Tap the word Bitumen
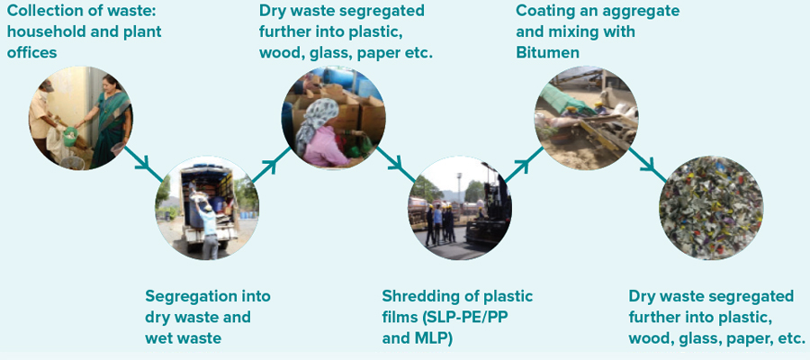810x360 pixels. tap(547, 53)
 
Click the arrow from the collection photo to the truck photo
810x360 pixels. tap(144, 164)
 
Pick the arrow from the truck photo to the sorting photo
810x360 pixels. tap(271, 164)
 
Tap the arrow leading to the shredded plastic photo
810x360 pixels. tap(648, 165)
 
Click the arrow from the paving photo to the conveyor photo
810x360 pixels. tap(523, 164)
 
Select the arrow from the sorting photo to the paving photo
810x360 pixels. tap(396, 164)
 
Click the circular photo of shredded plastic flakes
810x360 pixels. tap(711, 207)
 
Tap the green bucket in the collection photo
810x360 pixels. tap(70, 137)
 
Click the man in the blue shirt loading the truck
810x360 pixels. tap(207, 226)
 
